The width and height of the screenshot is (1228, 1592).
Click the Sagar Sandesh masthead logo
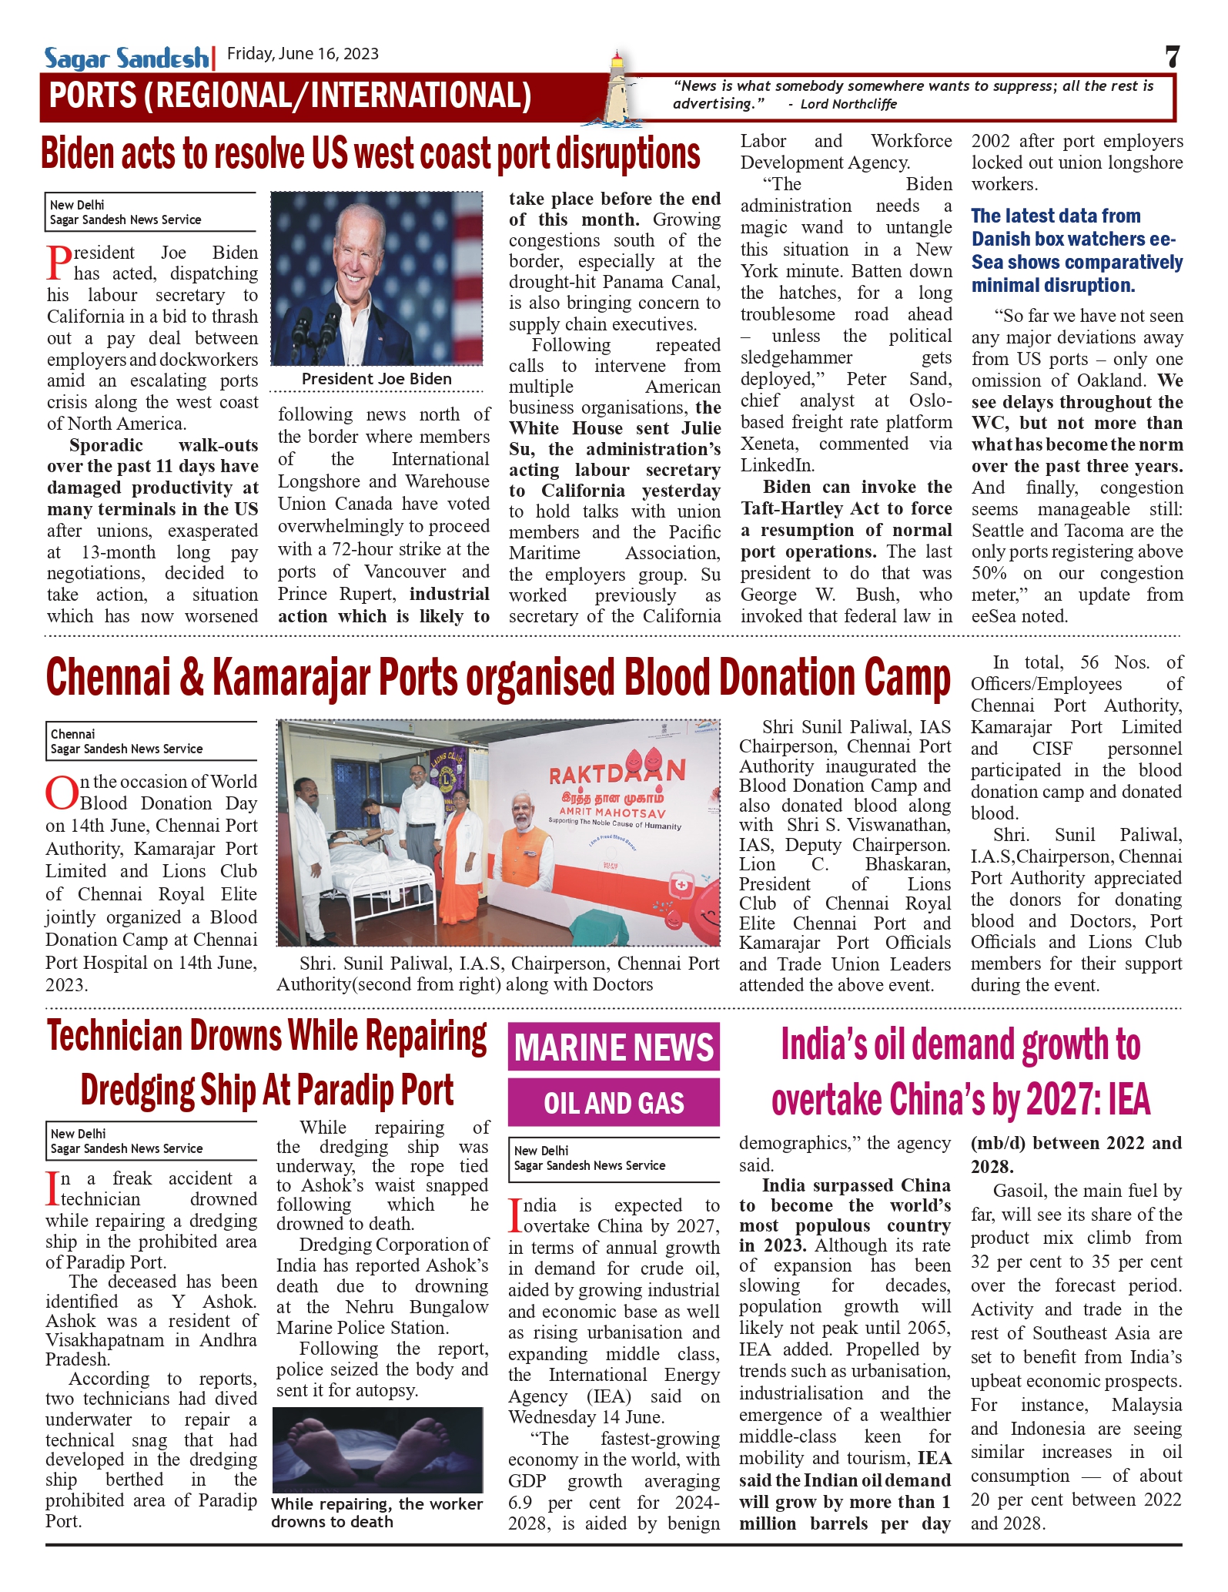[126, 58]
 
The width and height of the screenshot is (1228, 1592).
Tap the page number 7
[1172, 57]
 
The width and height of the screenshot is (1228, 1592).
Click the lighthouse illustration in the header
[617, 89]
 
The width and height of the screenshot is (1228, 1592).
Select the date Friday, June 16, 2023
[303, 54]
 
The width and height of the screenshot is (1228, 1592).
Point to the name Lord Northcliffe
[848, 104]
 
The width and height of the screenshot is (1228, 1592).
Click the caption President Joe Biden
[376, 379]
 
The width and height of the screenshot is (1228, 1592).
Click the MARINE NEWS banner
[614, 1047]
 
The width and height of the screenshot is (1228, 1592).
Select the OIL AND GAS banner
[614, 1103]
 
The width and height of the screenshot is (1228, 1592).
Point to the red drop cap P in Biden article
[59, 263]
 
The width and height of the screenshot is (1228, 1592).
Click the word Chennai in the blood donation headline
[108, 679]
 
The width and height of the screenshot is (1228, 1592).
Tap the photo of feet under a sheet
[377, 1450]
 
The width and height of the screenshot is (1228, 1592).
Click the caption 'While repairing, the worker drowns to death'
[376, 1513]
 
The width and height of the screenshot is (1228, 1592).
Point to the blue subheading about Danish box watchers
[1076, 250]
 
